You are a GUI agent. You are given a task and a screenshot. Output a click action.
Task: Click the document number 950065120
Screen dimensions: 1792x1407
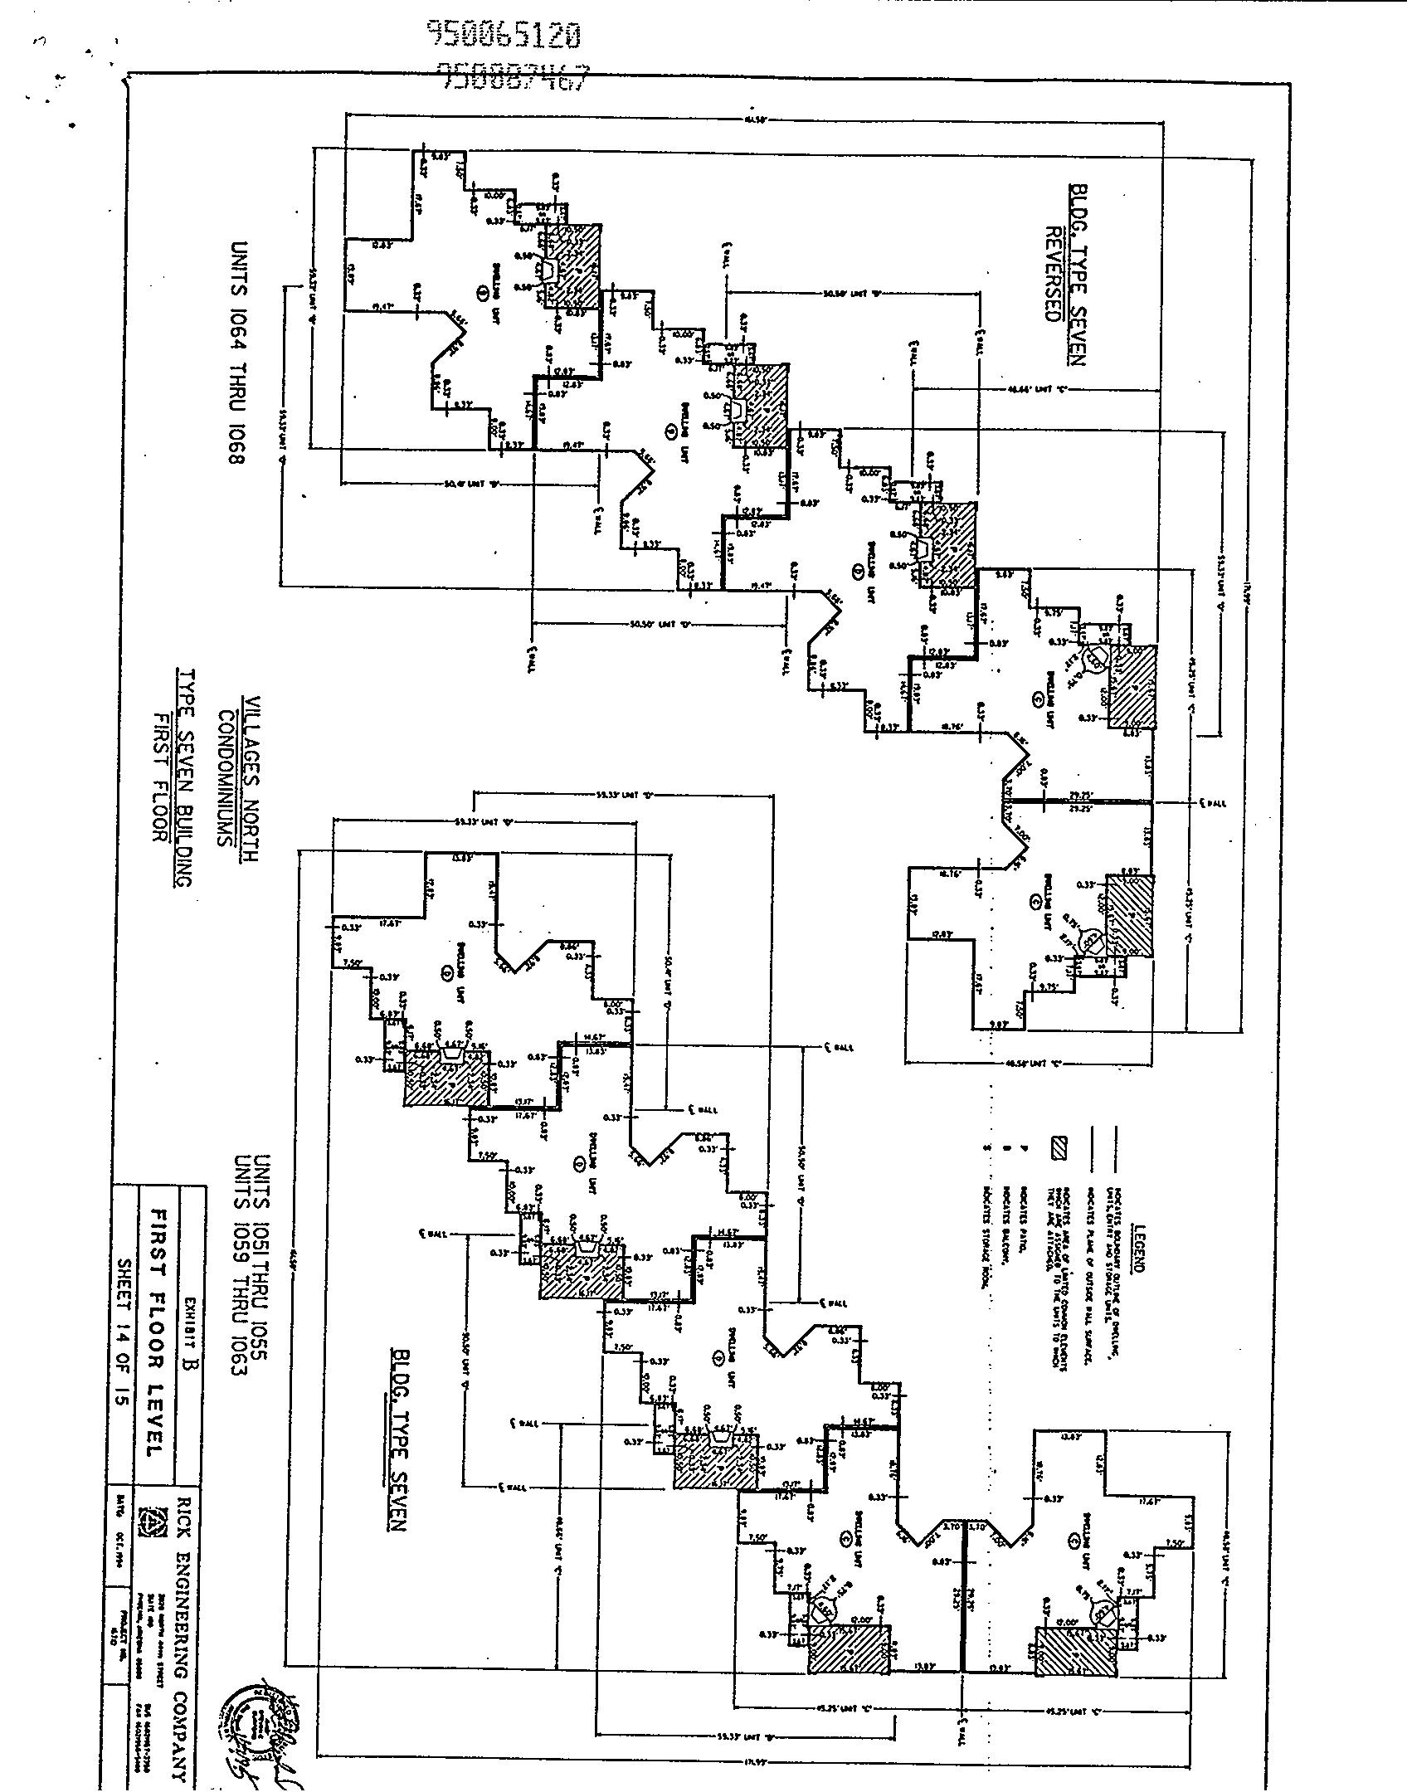[x=504, y=34]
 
